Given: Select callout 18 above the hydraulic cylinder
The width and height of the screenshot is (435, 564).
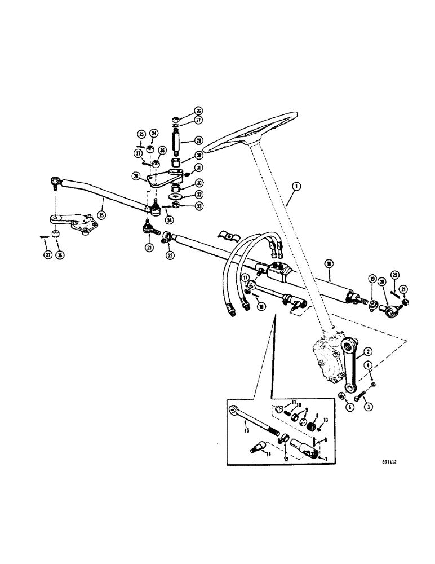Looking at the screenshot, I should click(x=329, y=263).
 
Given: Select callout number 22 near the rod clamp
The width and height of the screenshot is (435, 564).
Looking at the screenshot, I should click(x=170, y=255).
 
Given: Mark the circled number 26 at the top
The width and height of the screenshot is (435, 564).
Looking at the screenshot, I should click(x=183, y=111).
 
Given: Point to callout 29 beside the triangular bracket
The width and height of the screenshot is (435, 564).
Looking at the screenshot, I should click(x=136, y=177).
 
